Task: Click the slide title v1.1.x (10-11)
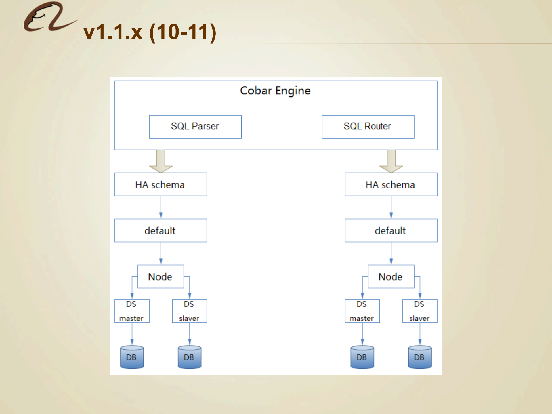150,32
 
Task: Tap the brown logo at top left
49,17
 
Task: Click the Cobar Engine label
275,91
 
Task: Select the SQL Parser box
195,127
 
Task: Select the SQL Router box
368,127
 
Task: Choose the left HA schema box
161,184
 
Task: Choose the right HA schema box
391,184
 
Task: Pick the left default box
161,230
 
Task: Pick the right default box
391,230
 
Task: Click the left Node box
161,276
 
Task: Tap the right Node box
391,276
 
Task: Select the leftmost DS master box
132,311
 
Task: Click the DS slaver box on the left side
189,311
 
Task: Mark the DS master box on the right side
362,311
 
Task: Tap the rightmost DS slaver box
420,311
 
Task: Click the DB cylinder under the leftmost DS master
132,357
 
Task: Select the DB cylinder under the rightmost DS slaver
420,357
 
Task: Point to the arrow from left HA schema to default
161,207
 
